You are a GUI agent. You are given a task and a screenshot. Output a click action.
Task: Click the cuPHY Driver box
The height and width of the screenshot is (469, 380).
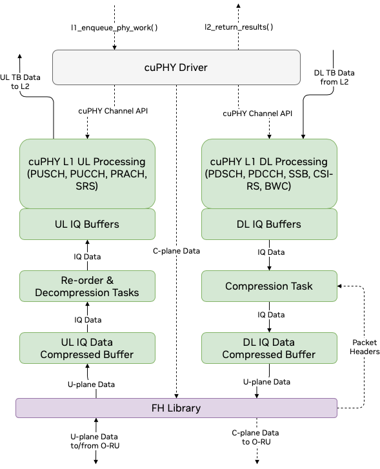[x=176, y=68]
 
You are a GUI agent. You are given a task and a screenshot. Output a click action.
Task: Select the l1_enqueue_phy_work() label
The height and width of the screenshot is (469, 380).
[x=114, y=28]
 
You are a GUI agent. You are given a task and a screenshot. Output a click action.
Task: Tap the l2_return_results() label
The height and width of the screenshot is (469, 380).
[x=239, y=27]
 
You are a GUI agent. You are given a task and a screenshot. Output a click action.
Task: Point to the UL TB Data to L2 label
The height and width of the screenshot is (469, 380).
[x=20, y=81]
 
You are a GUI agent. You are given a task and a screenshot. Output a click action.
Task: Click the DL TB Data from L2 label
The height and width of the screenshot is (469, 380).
[x=334, y=77]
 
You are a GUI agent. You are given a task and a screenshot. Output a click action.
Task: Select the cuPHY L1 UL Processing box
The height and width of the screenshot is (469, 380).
[x=88, y=174]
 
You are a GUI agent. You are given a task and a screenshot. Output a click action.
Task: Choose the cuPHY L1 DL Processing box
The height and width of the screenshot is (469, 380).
[x=269, y=174]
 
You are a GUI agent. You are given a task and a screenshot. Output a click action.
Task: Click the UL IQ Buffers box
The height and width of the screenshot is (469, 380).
[x=88, y=225]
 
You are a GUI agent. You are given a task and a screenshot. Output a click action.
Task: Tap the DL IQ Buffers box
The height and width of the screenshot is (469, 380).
[x=269, y=225]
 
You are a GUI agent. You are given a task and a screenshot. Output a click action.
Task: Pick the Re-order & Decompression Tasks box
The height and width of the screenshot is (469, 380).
[x=88, y=286]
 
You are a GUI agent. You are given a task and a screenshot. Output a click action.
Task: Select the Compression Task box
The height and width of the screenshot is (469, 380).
[x=269, y=286]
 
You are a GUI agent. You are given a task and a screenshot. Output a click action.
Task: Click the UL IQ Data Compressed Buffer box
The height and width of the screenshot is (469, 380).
[x=88, y=348]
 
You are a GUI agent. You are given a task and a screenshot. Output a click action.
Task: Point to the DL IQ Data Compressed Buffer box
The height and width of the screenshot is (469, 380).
[x=269, y=348]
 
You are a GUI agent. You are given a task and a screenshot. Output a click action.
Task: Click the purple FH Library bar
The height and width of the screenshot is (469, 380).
[x=176, y=408]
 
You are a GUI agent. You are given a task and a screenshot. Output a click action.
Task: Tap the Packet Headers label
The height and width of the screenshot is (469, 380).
[x=365, y=347]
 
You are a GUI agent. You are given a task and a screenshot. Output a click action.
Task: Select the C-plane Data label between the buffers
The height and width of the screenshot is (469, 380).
[x=176, y=251]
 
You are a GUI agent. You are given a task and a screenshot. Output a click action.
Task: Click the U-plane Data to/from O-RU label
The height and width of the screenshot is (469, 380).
[x=95, y=441]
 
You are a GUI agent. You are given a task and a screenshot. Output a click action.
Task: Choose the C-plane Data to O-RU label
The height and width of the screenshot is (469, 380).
[x=255, y=437]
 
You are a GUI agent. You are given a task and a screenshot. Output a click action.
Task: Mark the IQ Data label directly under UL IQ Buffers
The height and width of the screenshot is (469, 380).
[x=87, y=257]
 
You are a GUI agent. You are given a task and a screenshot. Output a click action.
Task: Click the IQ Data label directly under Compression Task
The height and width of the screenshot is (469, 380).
[x=271, y=315]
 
